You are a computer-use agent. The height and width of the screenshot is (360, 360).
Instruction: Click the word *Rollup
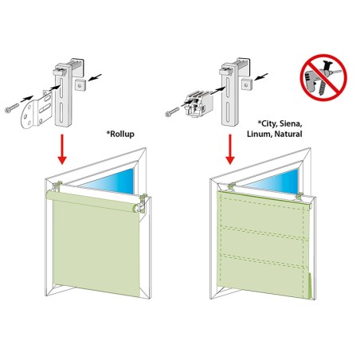[x=120, y=134]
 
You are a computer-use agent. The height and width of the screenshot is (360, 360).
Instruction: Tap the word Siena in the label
[x=290, y=123]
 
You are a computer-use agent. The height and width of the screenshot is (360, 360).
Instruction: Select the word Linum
[x=258, y=134]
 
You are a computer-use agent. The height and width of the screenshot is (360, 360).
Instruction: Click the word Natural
[x=288, y=134]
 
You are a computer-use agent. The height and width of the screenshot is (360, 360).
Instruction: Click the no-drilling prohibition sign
[x=323, y=77]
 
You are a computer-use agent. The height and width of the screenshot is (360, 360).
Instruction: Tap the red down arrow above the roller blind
[x=62, y=149]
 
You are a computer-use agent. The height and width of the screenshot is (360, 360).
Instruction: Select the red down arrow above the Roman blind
[x=230, y=149]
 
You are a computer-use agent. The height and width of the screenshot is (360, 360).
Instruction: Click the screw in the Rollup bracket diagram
[x=12, y=108]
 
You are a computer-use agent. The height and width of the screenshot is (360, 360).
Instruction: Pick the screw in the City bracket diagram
[x=172, y=112]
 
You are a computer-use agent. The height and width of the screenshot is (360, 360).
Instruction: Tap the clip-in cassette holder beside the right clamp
[x=198, y=104]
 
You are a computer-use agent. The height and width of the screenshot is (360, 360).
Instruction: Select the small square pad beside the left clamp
[x=80, y=84]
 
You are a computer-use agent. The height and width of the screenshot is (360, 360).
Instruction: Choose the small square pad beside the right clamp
[x=247, y=84]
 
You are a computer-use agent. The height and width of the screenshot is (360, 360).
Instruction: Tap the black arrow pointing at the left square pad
[x=95, y=77]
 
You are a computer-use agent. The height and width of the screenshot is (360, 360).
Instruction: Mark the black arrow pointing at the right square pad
[x=261, y=76]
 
